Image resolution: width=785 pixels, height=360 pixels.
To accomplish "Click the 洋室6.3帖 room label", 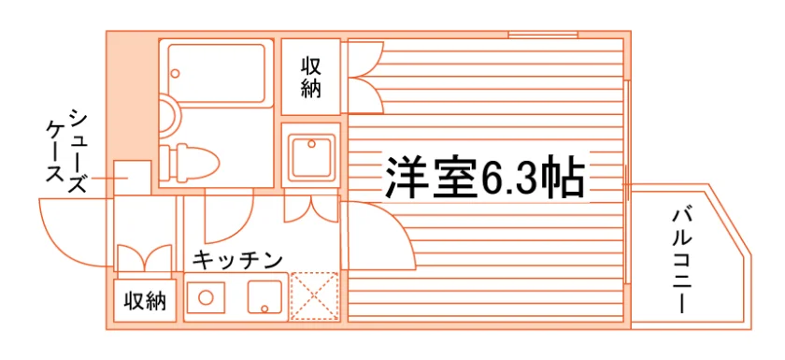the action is pos(485,179).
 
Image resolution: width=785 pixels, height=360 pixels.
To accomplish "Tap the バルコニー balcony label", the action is pos(682,262).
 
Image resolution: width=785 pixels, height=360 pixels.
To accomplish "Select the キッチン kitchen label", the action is pos(237,260).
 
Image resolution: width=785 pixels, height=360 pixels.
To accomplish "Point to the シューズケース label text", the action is pos(67,151).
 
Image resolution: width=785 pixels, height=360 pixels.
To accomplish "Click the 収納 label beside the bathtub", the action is pos(311,79).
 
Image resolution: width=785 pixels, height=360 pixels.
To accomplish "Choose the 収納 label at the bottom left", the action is pos(145,301).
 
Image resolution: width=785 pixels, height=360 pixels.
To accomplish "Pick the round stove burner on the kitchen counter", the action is pos(206,297).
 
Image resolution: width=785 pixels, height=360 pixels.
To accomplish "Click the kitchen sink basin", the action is pos(264,297).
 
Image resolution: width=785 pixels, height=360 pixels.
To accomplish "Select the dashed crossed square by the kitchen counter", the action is pos(315,296).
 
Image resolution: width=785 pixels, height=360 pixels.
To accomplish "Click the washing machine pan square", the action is pos(311,155).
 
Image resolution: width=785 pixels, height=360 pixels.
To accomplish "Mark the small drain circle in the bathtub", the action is pos(175,74).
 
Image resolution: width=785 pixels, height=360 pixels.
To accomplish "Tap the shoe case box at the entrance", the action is pos(132,179).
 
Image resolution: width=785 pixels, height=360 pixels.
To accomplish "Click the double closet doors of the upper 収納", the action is pos(366,78).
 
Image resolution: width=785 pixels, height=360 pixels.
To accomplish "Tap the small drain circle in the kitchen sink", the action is pos(264,308).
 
